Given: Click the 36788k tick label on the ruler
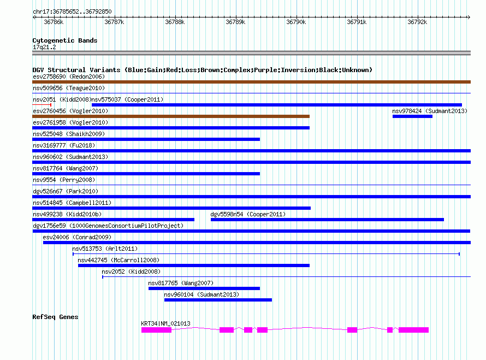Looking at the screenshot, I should click(175, 22).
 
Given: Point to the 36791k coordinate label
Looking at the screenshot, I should click(357, 22).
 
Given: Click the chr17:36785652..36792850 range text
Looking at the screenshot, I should click(72, 11).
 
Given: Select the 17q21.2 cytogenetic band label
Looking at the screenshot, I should click(44, 47).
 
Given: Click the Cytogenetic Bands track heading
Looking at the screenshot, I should click(64, 40).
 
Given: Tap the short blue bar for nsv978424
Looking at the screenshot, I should click(412, 116).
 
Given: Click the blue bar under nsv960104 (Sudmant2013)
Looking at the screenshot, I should click(218, 299).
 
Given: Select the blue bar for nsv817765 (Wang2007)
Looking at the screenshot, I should click(204, 288).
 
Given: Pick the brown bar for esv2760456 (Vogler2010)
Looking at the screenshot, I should click(171, 116).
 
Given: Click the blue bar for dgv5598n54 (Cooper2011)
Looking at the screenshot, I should click(327, 219).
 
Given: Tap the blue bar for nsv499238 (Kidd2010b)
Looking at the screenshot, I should click(113, 219).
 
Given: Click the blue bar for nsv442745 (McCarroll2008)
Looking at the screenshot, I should click(194, 265).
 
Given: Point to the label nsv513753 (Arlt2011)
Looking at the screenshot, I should click(105, 249).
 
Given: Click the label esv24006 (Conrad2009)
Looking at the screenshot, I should click(77, 237).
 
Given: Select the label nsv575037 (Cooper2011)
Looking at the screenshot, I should click(127, 99).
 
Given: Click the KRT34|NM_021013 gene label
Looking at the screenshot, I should click(165, 323).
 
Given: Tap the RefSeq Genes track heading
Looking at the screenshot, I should click(55, 317).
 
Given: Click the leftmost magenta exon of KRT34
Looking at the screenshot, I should click(156, 330).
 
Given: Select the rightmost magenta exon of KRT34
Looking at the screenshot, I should click(413, 330).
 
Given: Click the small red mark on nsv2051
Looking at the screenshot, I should click(50, 104).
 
